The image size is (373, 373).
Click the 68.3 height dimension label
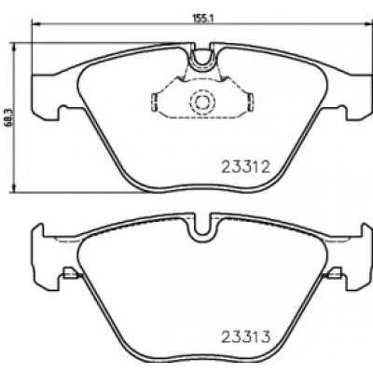pyautogui.click(x=8, y=117)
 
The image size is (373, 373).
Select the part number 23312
pyautogui.click(x=245, y=167)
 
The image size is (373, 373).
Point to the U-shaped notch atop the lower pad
pyautogui.click(x=201, y=238)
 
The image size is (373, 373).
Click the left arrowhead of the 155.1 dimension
pyautogui.click(x=36, y=23)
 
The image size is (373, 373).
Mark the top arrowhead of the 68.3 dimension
pyautogui.click(x=13, y=48)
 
